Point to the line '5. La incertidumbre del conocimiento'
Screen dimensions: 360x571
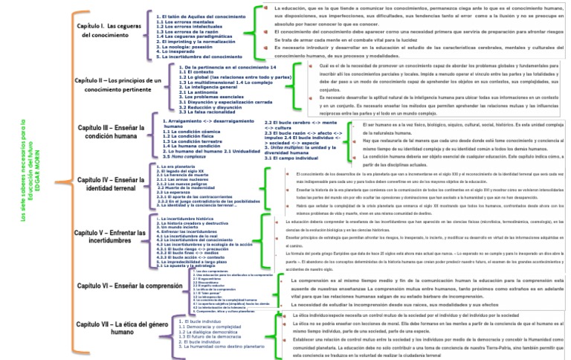pos(199,57)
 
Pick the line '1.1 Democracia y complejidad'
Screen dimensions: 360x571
pos(210,327)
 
